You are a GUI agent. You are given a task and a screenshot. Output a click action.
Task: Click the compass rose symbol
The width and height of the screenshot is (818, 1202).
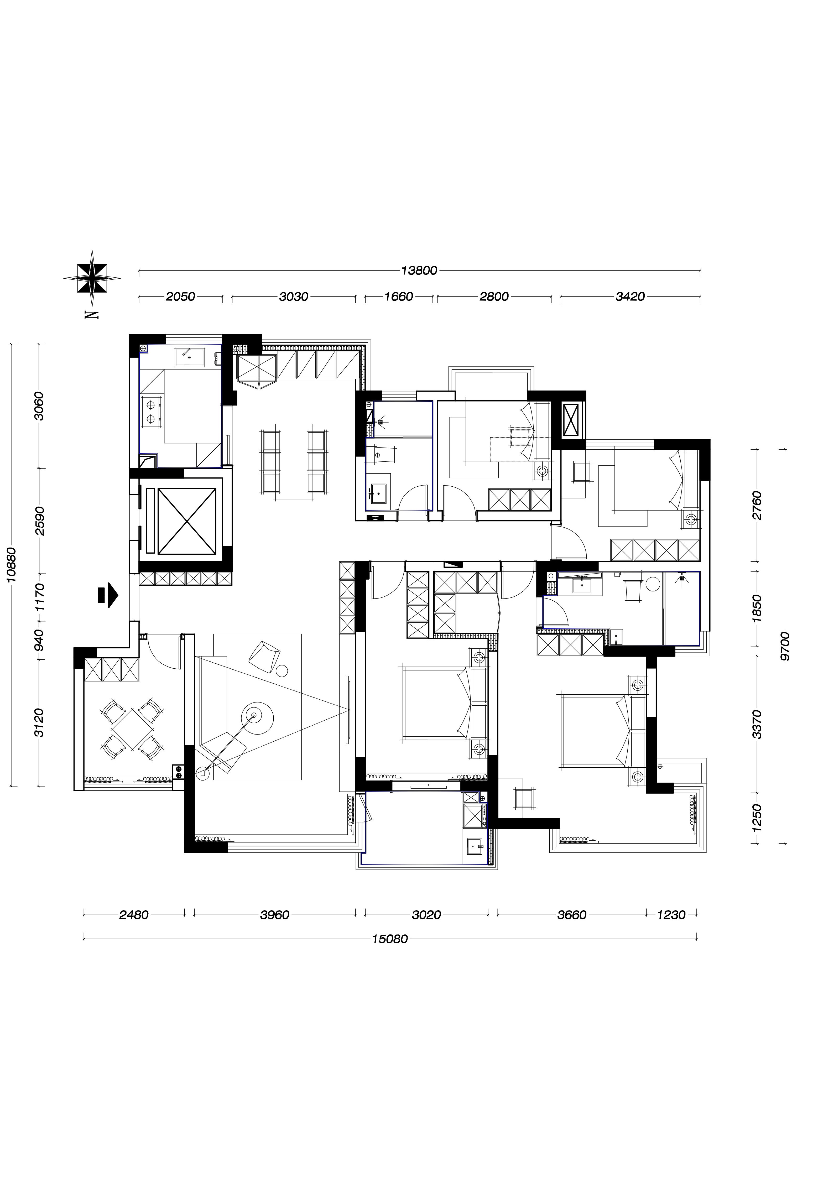[92, 278]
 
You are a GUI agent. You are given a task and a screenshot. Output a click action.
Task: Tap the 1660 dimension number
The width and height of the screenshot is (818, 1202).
[399, 296]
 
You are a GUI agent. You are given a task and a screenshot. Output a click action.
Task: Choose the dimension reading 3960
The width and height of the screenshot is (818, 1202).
[275, 915]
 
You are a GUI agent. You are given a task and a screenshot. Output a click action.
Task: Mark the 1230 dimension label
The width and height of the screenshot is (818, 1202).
[671, 915]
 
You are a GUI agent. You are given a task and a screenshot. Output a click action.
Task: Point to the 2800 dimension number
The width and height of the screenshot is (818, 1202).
[494, 296]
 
